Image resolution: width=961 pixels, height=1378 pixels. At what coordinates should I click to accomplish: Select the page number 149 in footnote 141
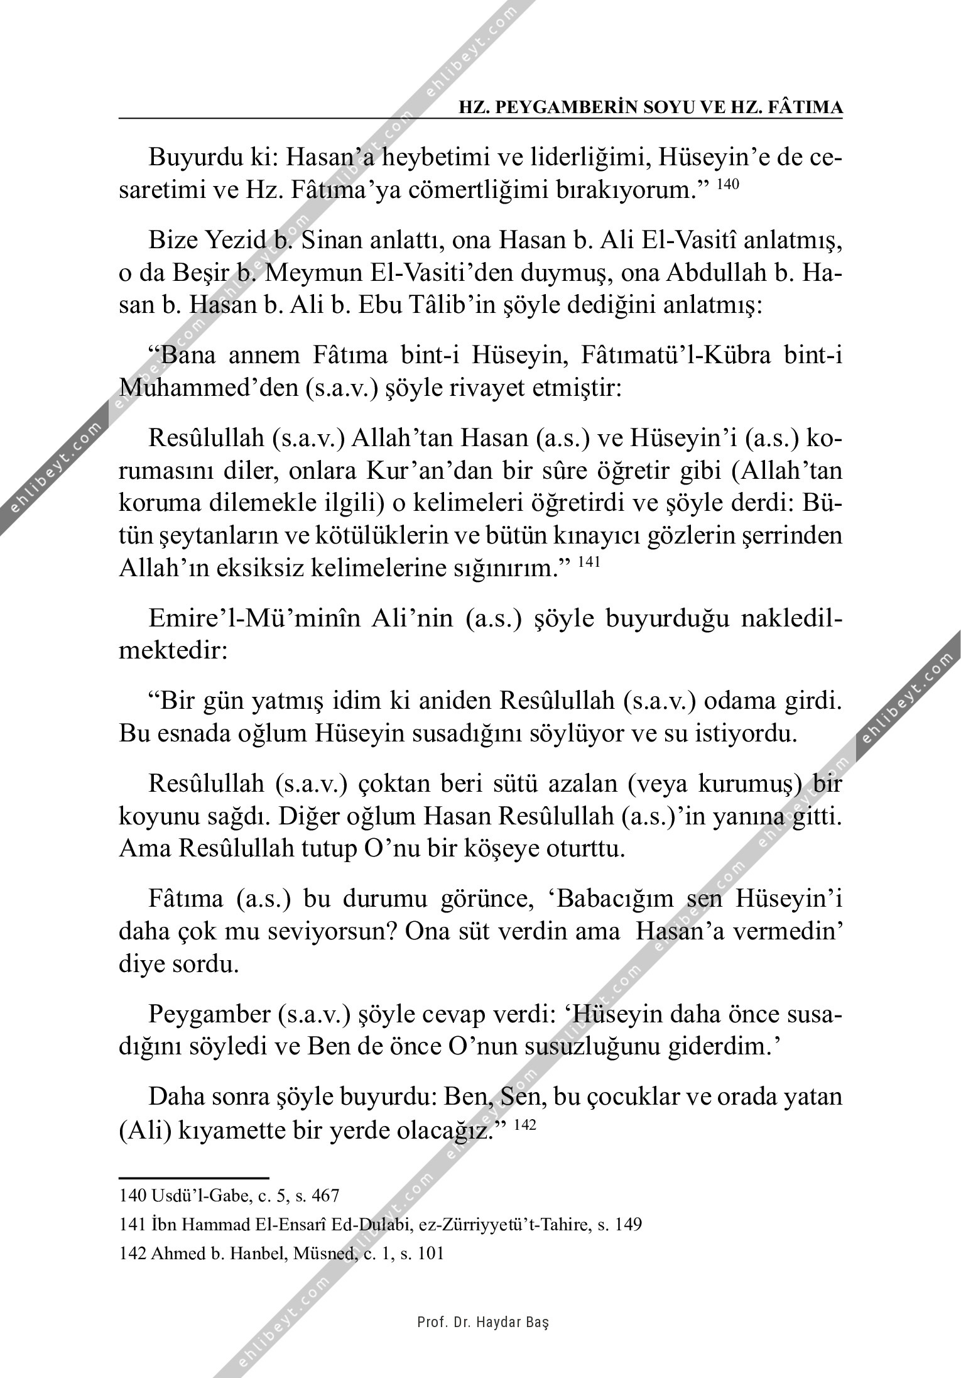pos(627,1224)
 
